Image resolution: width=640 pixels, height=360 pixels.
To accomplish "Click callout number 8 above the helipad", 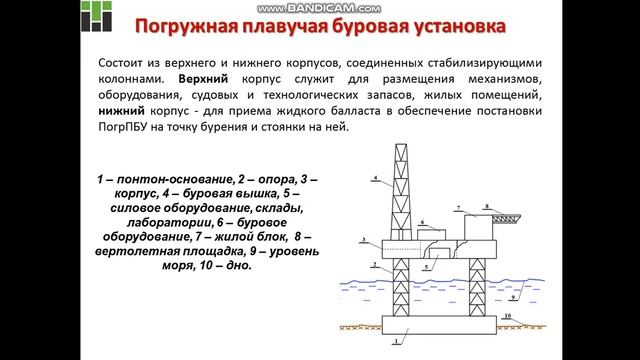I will (x=488, y=206).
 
